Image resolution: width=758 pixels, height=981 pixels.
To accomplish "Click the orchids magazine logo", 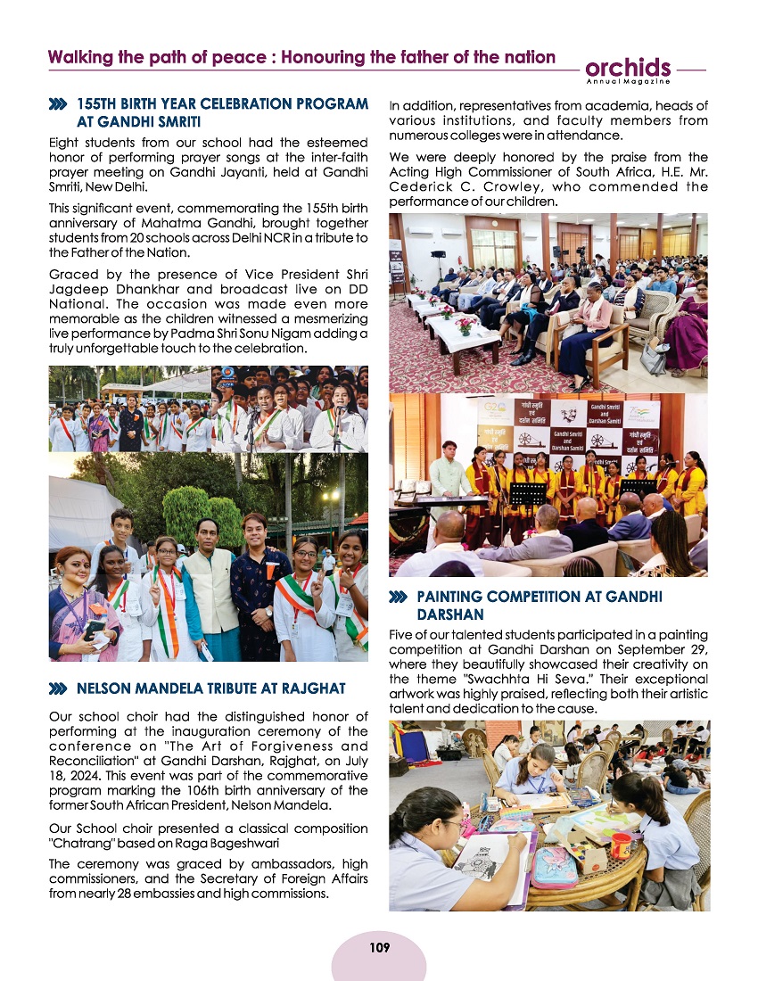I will [x=628, y=68].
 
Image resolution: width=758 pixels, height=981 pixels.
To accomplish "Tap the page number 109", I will [x=379, y=947].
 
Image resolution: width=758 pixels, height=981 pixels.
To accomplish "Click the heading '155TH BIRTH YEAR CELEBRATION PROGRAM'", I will [x=222, y=103].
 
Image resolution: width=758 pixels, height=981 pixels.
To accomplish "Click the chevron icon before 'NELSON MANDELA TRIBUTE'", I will [x=59, y=688].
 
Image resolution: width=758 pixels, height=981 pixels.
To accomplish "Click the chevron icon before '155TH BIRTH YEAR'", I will [x=59, y=104].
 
